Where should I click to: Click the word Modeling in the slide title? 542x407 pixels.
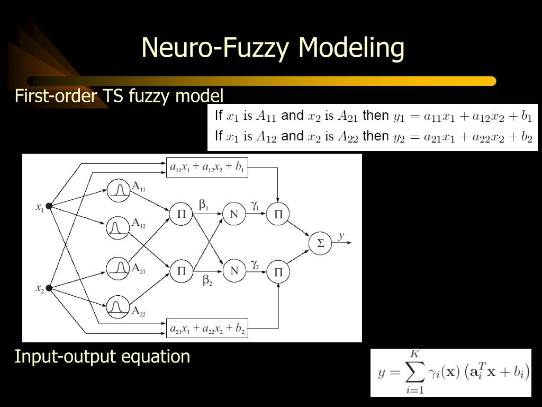point(351,48)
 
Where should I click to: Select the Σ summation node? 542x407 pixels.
point(320,243)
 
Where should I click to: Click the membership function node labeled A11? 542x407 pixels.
point(119,190)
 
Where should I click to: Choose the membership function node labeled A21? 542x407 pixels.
point(119,268)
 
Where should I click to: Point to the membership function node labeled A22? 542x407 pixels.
point(119,306)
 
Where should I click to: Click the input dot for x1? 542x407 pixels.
point(49,206)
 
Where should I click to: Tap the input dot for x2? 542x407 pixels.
point(49,288)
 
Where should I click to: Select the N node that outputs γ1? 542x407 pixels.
point(234,214)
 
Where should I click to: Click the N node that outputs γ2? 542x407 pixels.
point(234,271)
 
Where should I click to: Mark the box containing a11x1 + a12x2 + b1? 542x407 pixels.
point(207,167)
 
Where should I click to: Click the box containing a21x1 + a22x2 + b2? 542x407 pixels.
point(207,329)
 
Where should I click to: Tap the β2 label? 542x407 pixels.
point(207,281)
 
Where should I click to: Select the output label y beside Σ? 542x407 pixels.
point(341,235)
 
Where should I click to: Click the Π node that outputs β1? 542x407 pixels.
point(181,214)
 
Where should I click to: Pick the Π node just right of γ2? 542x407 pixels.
point(278,272)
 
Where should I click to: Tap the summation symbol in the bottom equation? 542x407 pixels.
point(415,372)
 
